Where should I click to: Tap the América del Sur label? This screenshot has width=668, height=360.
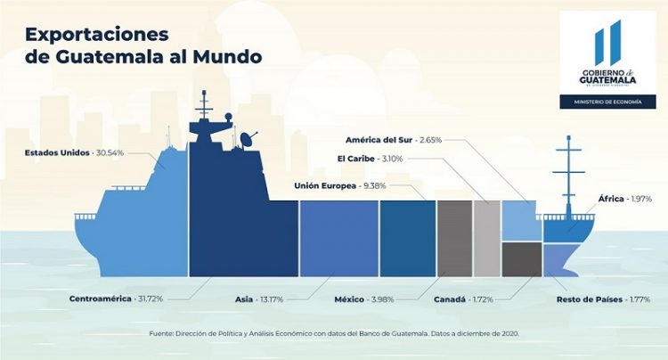click(x=394, y=140)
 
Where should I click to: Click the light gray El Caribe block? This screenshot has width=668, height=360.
click(x=486, y=238)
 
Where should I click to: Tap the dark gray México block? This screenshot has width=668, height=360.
click(x=454, y=238)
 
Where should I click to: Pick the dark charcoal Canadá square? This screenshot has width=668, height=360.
click(x=521, y=259)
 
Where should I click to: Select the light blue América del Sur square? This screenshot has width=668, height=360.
click(x=521, y=220)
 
